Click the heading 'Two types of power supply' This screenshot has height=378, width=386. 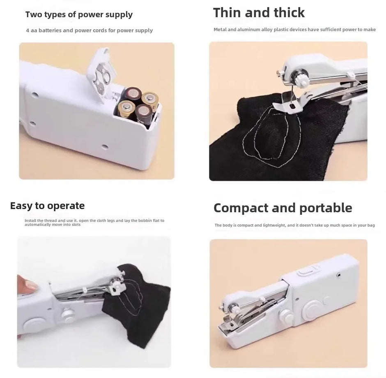click(x=79, y=15)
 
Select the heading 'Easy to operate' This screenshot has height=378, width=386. click(x=47, y=206)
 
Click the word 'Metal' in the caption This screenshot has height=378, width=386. click(x=220, y=30)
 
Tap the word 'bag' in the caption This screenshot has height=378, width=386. click(x=371, y=225)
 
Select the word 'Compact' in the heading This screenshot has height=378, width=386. click(x=241, y=208)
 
